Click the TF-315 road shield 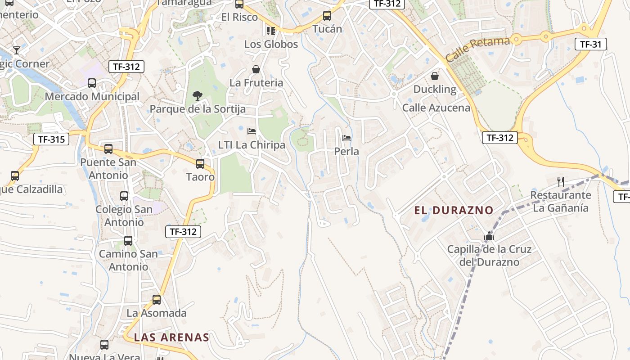51,139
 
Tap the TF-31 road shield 591,44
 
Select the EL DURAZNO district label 454,210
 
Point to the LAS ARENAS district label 171,337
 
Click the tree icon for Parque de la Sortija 197,95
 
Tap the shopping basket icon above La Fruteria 256,69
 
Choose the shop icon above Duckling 435,76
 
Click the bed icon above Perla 346,138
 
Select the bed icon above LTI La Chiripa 252,131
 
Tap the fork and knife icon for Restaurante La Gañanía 561,182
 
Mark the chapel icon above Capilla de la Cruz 489,236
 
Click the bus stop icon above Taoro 200,164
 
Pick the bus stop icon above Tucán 327,16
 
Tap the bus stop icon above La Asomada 157,300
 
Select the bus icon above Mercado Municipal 92,83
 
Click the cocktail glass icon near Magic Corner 17,50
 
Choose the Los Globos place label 271,44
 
